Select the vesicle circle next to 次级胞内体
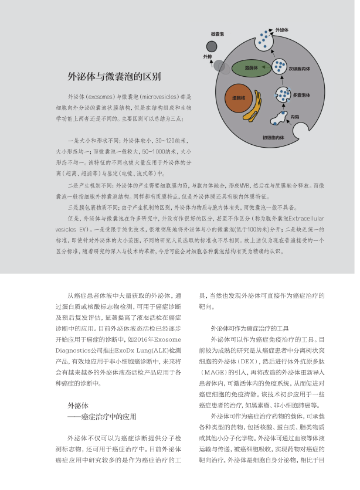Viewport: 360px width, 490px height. (280, 67)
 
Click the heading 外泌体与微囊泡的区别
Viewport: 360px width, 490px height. (114, 76)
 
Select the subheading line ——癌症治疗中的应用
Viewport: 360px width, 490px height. (102, 416)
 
